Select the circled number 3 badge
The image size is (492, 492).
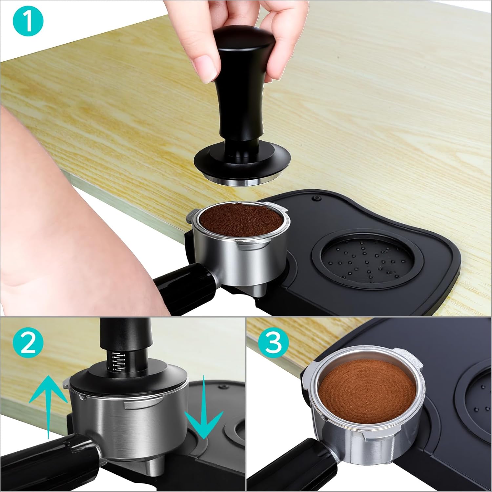[274, 342]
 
